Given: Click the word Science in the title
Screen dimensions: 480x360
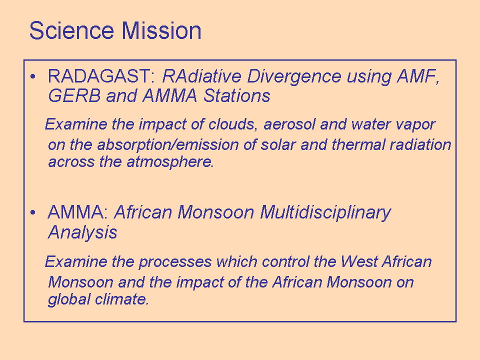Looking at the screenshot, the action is [x=71, y=30].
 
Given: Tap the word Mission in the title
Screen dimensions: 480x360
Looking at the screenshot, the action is [x=161, y=30].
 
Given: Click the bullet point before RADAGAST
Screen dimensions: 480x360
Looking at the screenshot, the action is [x=33, y=76].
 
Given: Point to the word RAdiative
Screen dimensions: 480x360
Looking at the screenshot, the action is [x=201, y=76].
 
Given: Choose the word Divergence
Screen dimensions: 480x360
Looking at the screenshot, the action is [x=294, y=76].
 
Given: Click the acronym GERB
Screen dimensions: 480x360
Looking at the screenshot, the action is [x=74, y=95].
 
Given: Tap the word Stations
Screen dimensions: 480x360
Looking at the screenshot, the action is [x=236, y=95].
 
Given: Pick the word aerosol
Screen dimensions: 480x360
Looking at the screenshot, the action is [x=289, y=124].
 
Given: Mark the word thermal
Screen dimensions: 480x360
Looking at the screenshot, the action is [x=358, y=144].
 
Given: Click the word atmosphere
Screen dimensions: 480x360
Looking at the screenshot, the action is [x=170, y=162].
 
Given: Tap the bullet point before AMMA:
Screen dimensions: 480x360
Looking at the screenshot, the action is [x=33, y=212].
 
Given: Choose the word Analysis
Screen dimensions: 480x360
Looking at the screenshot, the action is [x=82, y=232].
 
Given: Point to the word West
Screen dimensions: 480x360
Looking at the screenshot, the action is [x=359, y=261].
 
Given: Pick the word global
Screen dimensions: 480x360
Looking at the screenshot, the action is [x=69, y=299].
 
